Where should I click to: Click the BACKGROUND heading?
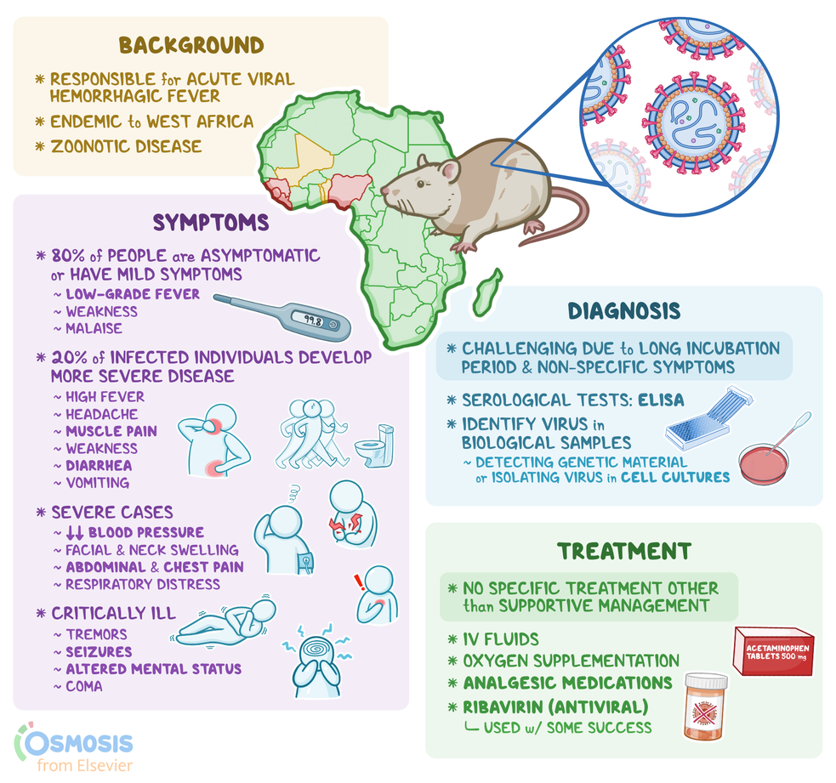pos(191,45)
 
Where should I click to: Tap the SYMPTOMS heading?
pos(210,223)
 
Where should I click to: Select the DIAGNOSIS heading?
pos(624,311)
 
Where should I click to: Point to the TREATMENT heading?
pos(623,551)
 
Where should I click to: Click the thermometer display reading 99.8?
pos(312,321)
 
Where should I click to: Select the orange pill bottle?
pos(705,706)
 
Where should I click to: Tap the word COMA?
pos(84,686)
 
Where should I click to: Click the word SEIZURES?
pos(99,651)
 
